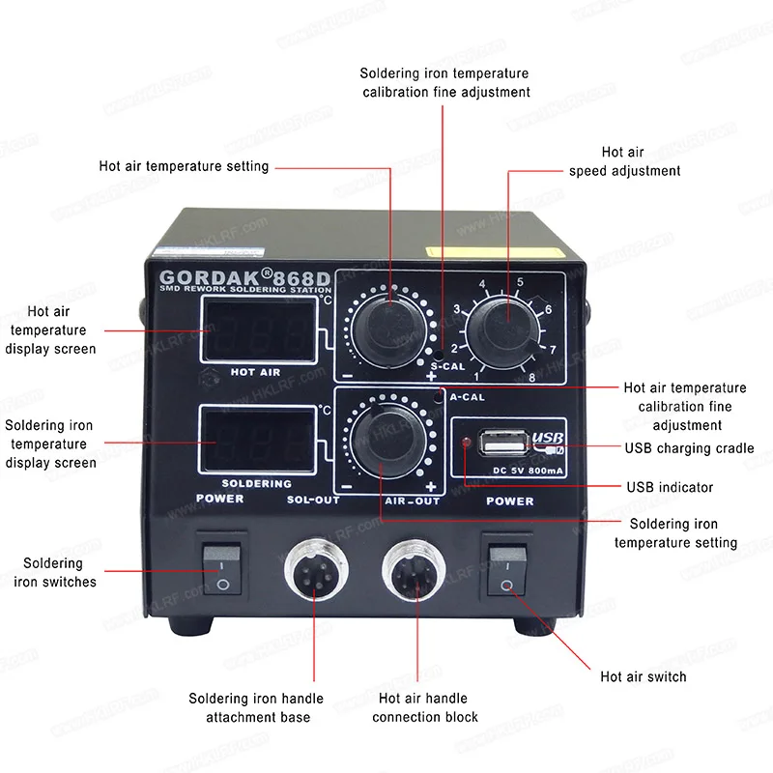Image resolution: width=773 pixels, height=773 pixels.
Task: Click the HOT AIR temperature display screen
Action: click(x=258, y=328)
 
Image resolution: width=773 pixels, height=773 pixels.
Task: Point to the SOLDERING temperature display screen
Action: click(x=258, y=439)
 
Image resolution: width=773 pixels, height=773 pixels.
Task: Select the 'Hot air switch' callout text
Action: click(x=643, y=676)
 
